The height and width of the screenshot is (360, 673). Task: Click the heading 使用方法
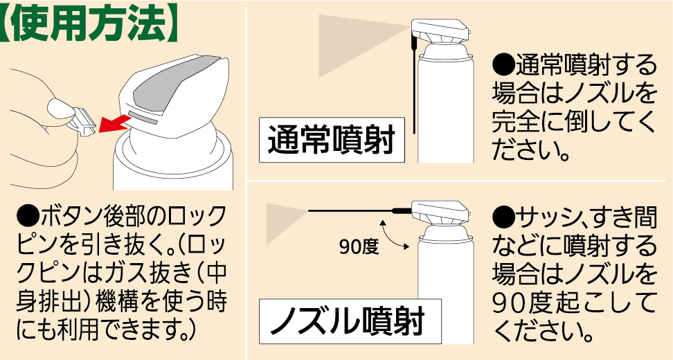tap(91, 26)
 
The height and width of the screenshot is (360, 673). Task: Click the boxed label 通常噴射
tap(332, 141)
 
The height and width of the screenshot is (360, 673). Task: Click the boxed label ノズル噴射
tap(350, 322)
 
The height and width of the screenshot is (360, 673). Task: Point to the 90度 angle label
tap(359, 246)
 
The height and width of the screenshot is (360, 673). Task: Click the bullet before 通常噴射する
tap(503, 66)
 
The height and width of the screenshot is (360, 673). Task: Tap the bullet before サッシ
tap(503, 218)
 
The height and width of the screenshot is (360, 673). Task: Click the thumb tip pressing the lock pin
tap(58, 106)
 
